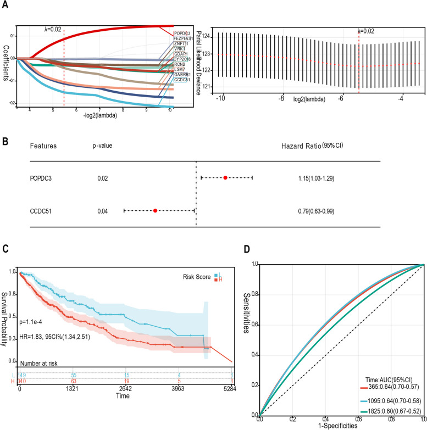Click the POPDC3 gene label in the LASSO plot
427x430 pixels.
(x=182, y=33)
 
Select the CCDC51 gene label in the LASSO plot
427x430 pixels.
(x=183, y=80)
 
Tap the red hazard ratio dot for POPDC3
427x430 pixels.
(x=225, y=177)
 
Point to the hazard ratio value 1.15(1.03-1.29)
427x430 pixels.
(x=315, y=178)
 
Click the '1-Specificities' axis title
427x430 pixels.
(x=341, y=426)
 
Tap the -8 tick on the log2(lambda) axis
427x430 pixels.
(x=282, y=99)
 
